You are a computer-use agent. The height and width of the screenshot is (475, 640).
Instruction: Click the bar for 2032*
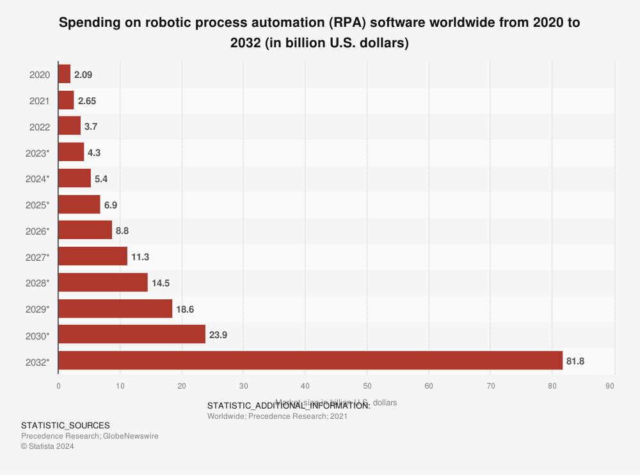pos(310,361)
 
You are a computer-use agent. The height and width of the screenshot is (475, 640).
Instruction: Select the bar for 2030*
pos(132,335)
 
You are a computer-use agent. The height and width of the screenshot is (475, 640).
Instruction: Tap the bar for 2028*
pos(103,283)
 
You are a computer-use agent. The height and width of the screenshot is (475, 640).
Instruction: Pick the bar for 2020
pos(65,74)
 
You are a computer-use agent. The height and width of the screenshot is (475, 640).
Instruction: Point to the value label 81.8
pos(575,362)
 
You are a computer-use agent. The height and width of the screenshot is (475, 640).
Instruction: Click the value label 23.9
pos(219,336)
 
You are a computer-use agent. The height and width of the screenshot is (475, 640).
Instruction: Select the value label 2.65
pos(87,101)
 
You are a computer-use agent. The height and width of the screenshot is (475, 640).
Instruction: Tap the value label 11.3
pos(141,257)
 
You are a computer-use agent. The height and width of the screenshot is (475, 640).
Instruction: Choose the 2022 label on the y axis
pos(40,127)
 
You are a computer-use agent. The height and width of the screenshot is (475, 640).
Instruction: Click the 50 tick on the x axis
pos(367,386)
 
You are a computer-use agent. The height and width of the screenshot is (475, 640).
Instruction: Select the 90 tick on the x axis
pos(610,386)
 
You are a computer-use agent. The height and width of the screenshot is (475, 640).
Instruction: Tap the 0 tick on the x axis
pos(58,386)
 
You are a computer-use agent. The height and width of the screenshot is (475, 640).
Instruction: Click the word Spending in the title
pos(87,23)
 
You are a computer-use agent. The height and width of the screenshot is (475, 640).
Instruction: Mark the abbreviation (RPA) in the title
pos(348,23)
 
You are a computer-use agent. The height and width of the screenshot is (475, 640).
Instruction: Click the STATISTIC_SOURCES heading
pos(65,425)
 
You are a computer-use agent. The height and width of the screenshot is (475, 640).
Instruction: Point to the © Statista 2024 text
pos(47,446)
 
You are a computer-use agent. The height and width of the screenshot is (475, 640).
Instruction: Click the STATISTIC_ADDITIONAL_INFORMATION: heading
pos(289,405)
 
